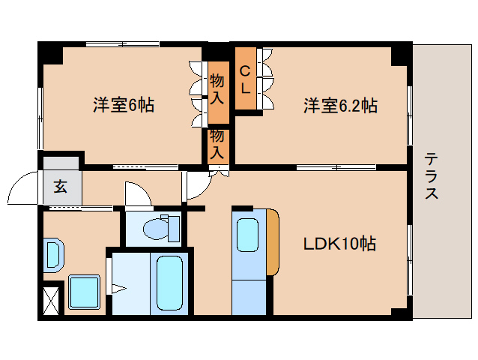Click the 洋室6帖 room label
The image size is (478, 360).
pyautogui.click(x=124, y=105)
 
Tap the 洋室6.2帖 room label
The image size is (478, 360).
pyautogui.click(x=339, y=105)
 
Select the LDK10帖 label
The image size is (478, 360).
pyautogui.click(x=339, y=244)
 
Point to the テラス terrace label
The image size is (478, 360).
pyautogui.click(x=432, y=176)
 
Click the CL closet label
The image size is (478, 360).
pyautogui.click(x=245, y=79)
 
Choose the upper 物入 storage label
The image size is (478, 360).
pyautogui.click(x=217, y=87)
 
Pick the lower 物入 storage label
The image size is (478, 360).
pyautogui.click(x=217, y=143)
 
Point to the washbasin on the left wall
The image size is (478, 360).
pyautogui.click(x=53, y=254)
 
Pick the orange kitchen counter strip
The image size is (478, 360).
pyautogui.click(x=273, y=242)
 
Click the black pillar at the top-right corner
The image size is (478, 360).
pyautogui.click(x=402, y=52)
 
